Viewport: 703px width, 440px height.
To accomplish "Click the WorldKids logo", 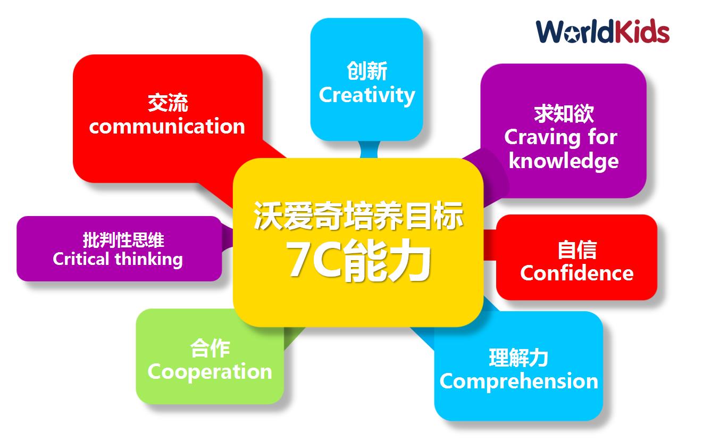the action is [602, 31].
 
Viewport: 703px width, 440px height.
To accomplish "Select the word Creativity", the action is [366, 95].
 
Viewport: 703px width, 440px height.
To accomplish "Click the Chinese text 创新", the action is [366, 71].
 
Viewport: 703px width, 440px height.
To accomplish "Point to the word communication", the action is [167, 126].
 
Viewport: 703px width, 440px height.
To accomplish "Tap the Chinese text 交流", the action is [168, 103].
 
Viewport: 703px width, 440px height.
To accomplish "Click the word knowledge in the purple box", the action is [564, 161].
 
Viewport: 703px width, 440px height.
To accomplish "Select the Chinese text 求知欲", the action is [564, 113].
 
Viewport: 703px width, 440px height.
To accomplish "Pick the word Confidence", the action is [577, 273].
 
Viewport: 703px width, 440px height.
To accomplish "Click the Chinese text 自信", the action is [577, 250].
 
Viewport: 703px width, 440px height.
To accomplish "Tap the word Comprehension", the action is [519, 381].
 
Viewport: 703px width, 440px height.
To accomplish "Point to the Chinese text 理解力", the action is [518, 358].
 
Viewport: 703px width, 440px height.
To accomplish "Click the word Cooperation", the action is [210, 372].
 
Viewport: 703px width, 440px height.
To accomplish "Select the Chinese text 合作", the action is [210, 348].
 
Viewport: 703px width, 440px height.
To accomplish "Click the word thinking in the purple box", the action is [149, 260].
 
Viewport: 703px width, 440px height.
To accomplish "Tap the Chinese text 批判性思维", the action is [123, 240].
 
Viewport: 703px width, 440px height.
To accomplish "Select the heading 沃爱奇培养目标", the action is [358, 216].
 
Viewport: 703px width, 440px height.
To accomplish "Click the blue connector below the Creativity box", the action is [369, 150].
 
